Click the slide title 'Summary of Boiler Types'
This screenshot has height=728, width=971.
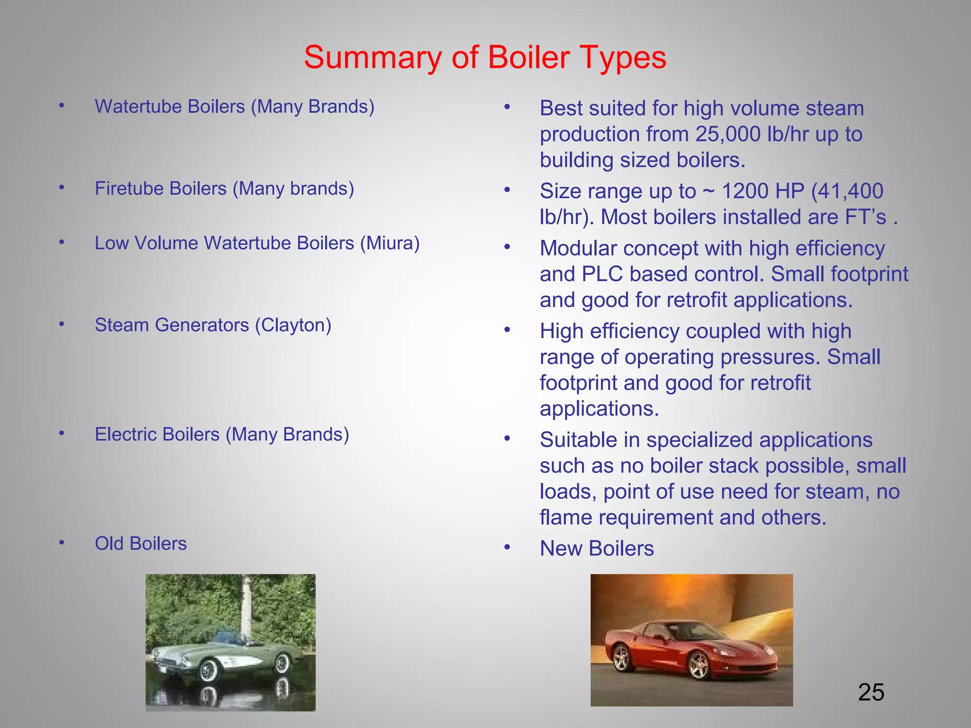click(485, 58)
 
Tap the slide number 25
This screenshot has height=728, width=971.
click(871, 692)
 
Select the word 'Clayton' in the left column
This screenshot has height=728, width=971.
click(293, 325)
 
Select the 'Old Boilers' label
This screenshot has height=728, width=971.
click(141, 544)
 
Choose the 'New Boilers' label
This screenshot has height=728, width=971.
click(596, 549)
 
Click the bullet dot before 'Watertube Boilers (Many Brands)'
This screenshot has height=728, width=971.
click(62, 106)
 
